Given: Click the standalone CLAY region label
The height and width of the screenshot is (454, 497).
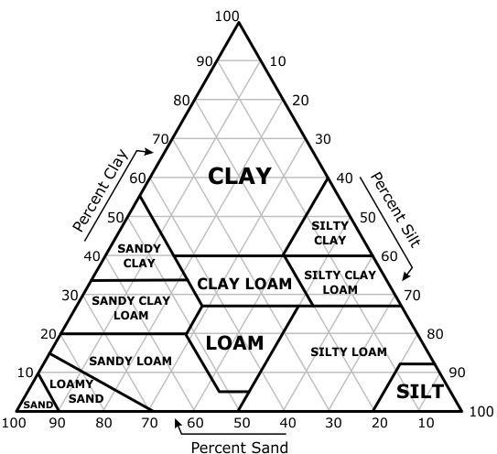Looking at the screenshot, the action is [x=239, y=177].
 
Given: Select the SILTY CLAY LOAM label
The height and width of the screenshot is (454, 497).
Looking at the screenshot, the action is [x=340, y=282].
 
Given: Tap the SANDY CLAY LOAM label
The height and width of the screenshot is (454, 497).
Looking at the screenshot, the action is [x=131, y=308].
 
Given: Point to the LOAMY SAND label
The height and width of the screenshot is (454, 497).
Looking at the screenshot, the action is [x=77, y=391].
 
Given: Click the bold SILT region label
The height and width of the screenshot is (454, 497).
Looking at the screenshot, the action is [x=420, y=391].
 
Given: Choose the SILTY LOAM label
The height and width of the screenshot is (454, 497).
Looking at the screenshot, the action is [x=349, y=351].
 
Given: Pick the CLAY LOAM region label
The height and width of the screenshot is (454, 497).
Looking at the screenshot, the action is [x=244, y=284].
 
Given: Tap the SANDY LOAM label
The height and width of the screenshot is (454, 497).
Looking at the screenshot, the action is [x=130, y=362].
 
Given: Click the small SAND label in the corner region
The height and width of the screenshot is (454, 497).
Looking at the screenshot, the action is [x=38, y=405].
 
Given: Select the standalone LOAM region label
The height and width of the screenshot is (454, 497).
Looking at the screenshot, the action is [x=234, y=343].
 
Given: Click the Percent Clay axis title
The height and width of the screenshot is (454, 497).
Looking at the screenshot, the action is [x=100, y=190].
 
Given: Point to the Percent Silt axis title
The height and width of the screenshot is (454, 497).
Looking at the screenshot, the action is [x=395, y=210].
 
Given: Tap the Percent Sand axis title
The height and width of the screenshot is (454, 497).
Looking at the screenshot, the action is [x=240, y=448].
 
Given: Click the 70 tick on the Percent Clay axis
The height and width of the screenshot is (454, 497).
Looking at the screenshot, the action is [x=160, y=139].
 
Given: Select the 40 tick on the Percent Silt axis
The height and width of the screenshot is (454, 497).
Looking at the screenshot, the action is [x=344, y=178].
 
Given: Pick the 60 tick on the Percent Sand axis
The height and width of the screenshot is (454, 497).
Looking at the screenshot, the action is [x=195, y=423].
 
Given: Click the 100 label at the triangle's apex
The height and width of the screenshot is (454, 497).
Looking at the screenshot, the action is [x=227, y=16].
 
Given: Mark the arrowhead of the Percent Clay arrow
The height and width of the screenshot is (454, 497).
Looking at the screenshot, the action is [x=149, y=152].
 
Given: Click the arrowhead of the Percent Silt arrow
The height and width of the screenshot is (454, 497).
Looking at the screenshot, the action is [x=406, y=276].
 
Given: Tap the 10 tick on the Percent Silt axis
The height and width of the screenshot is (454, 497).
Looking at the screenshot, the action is [x=277, y=61].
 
